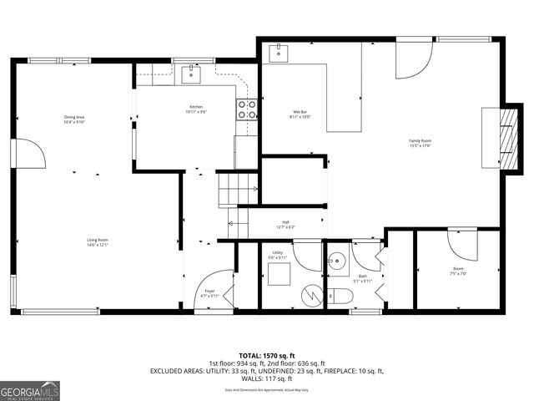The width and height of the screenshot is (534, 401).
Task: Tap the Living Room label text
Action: click(x=98, y=242)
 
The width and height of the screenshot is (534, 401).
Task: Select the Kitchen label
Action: click(x=196, y=109)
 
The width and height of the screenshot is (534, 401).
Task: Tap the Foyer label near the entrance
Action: click(x=210, y=293)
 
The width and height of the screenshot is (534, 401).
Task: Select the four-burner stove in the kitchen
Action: click(x=247, y=109)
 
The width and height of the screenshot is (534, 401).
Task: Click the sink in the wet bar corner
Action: click(x=279, y=53)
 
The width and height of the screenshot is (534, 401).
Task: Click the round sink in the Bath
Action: click(x=338, y=259)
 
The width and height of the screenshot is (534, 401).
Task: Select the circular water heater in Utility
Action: click(x=312, y=295)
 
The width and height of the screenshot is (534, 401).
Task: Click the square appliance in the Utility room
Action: click(x=279, y=273)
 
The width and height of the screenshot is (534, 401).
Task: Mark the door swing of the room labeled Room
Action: click(x=461, y=245)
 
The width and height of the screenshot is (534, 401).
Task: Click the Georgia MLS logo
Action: click(x=30, y=390)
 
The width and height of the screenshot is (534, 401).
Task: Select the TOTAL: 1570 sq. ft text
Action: click(x=266, y=354)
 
